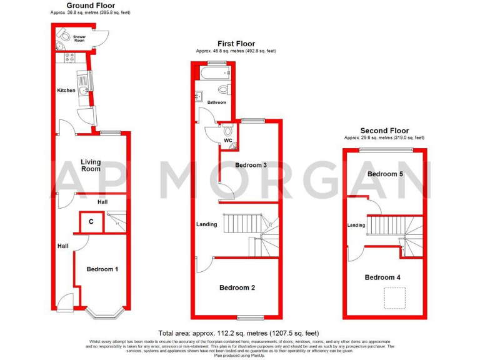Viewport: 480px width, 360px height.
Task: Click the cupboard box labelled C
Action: (x=91, y=221)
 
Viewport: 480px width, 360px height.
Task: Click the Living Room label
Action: (x=91, y=166)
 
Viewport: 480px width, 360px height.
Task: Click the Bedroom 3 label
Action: (x=251, y=165)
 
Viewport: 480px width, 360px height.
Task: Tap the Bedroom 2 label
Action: (x=237, y=287)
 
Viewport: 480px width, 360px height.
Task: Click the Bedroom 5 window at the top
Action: (x=386, y=148)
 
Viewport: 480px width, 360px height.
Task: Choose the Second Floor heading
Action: (x=385, y=131)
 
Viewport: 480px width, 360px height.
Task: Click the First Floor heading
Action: (x=236, y=44)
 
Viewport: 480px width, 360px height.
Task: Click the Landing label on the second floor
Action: (x=356, y=225)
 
